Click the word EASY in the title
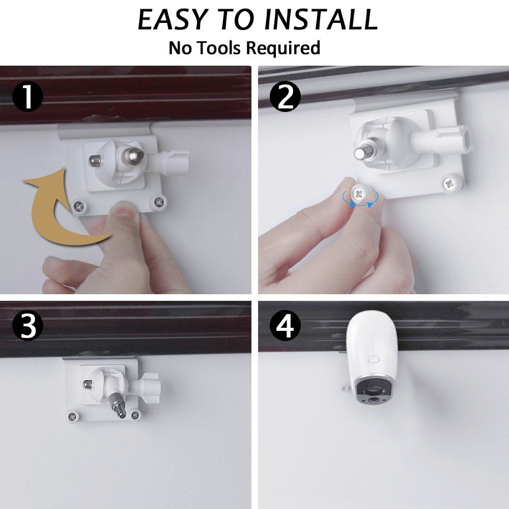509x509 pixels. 172,19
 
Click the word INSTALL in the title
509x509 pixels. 321,19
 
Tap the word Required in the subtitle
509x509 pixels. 282,48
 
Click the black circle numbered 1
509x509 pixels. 27,96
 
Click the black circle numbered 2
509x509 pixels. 286,96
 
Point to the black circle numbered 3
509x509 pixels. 27,325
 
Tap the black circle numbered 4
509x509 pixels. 286,325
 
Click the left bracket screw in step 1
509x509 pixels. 79,206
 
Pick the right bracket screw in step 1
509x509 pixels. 159,202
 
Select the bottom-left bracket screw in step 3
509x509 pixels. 72,416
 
